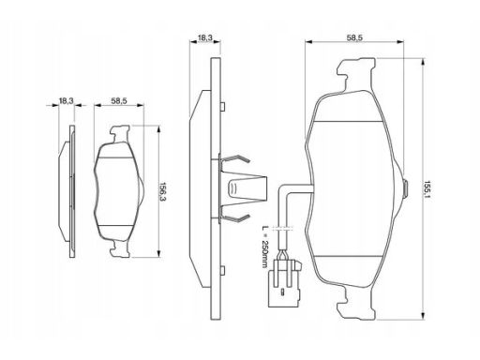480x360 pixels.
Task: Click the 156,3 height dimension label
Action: [x=163, y=192]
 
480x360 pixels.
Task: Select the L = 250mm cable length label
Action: [x=265, y=246]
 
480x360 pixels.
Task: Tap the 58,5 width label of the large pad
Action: [x=354, y=37]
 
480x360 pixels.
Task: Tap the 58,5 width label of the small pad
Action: [x=119, y=101]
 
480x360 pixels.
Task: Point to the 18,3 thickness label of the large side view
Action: [x=205, y=37]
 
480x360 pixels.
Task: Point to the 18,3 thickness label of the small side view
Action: [x=66, y=101]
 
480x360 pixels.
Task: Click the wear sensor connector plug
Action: [x=285, y=283]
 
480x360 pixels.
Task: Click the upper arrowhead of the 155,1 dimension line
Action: [x=423, y=64]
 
